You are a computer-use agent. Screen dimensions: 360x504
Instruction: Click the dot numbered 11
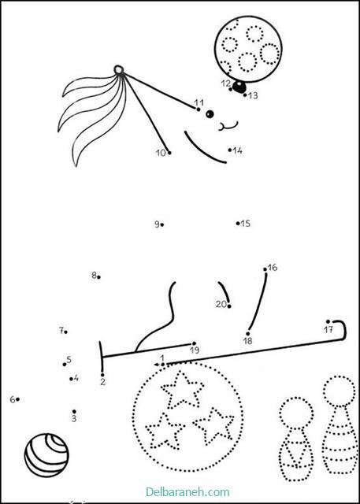199,109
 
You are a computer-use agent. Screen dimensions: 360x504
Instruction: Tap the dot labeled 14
230,150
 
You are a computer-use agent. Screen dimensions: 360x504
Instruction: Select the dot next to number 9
162,224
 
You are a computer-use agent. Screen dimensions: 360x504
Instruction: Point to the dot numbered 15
238,223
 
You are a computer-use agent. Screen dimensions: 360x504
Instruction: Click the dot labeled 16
265,269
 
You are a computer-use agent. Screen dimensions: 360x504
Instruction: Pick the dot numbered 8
98,277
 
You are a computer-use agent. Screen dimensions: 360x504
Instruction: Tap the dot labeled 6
17,399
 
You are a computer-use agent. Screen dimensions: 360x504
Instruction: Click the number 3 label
74,419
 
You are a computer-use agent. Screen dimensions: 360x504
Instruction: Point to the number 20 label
221,304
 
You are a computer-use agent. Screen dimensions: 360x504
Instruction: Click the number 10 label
161,153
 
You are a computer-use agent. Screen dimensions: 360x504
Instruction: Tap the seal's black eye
210,113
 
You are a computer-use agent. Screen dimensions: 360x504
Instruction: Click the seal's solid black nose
239,87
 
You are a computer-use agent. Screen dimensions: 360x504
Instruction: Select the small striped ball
46,455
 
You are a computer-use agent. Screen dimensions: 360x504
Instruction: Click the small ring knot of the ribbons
118,70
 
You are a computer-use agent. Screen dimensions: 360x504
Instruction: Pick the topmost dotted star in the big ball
182,389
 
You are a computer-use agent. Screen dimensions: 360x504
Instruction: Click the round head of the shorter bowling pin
296,413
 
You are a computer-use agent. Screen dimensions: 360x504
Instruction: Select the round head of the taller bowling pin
340,391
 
